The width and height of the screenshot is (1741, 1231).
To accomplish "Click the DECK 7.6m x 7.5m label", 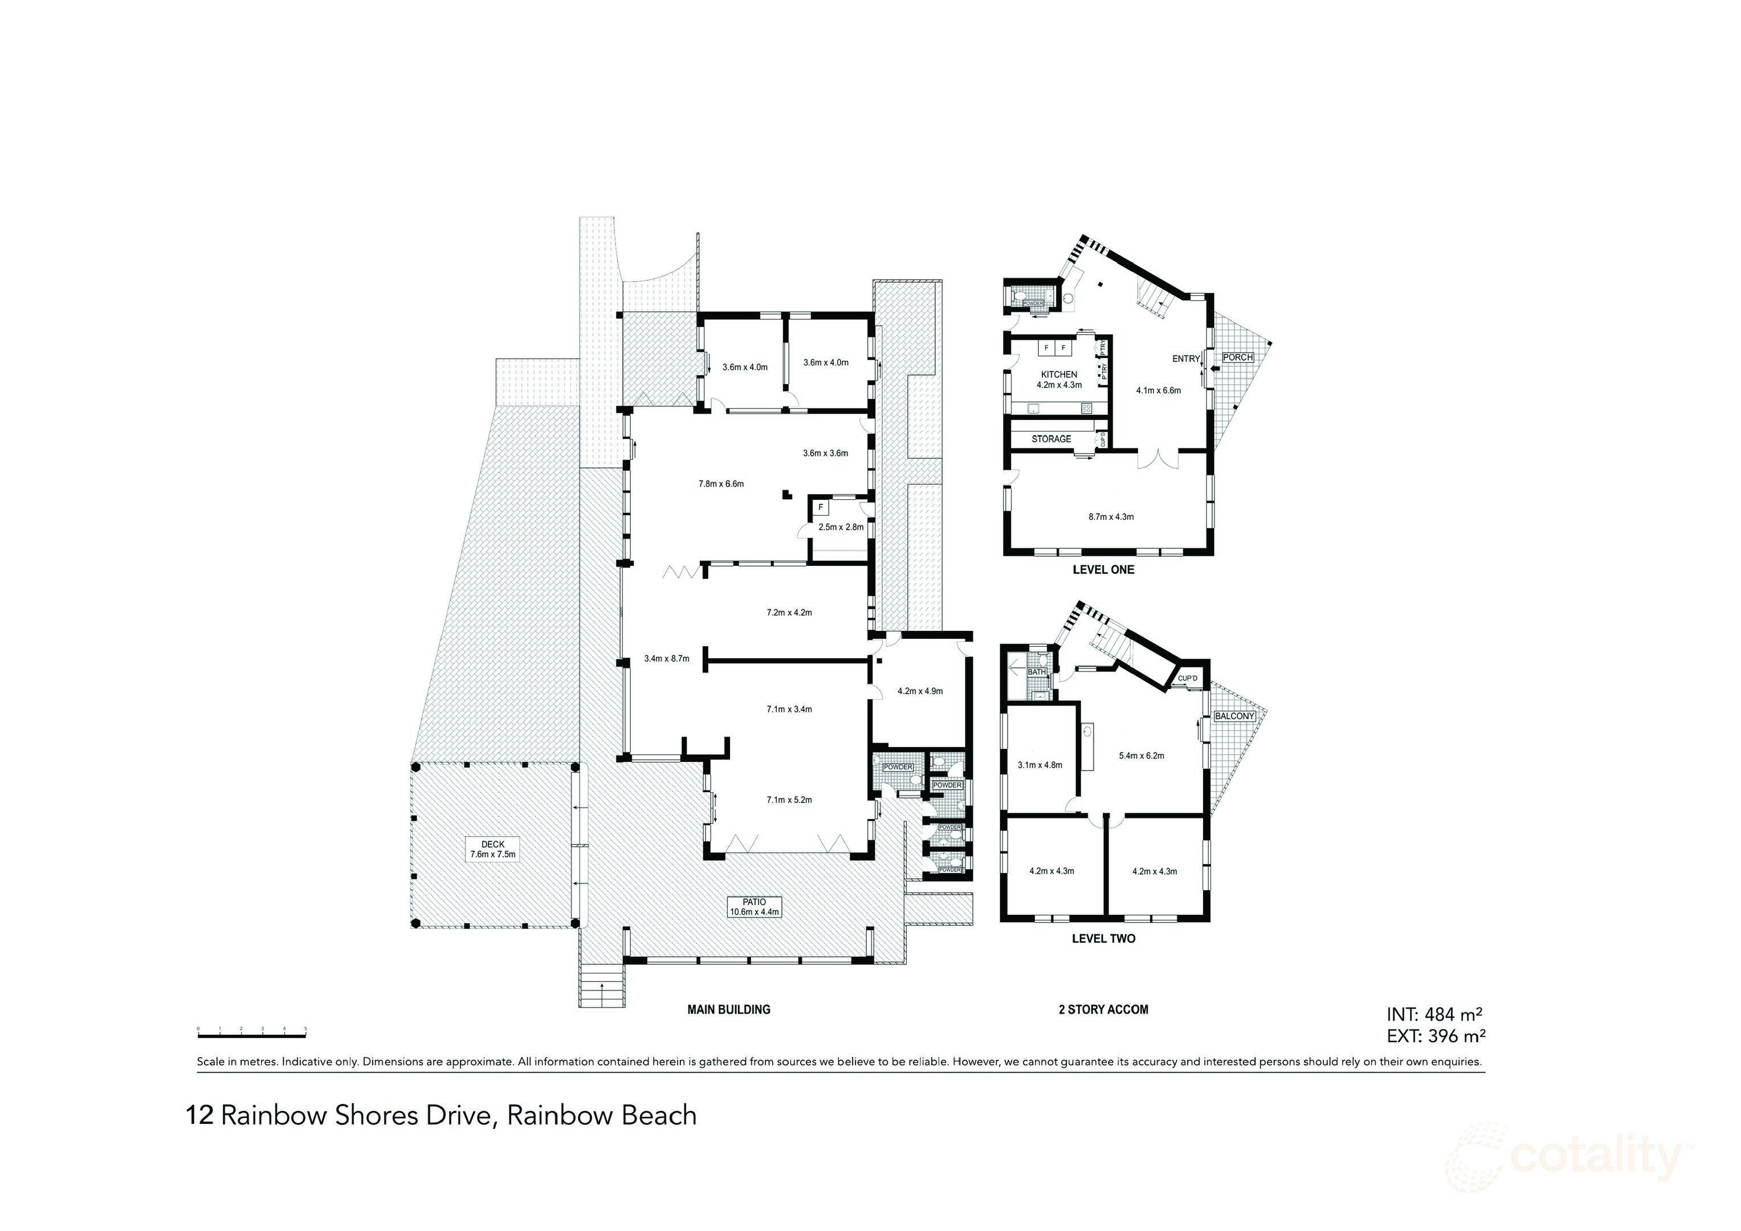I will tap(492, 849).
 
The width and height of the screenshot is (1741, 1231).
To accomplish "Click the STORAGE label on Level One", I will tap(1051, 439).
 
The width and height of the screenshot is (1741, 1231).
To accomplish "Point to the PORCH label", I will tap(1237, 357).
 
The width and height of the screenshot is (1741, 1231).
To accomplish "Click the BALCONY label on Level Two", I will tap(1234, 716).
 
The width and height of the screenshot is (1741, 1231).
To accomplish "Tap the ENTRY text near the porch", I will tap(1186, 359).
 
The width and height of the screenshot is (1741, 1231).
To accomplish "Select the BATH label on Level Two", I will tap(1036, 672).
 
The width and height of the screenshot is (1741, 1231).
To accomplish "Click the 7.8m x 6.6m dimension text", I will tap(720, 484).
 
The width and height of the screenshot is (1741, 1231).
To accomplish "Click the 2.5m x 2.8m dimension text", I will tap(840, 527).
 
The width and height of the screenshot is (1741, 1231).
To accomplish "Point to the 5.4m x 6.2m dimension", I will tap(1141, 756).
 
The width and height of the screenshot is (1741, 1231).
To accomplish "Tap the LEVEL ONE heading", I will tap(1103, 569).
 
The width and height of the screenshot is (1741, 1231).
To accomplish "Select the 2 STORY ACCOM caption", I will tap(1103, 1009).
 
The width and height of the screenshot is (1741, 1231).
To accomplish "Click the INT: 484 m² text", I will tap(1434, 1014).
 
